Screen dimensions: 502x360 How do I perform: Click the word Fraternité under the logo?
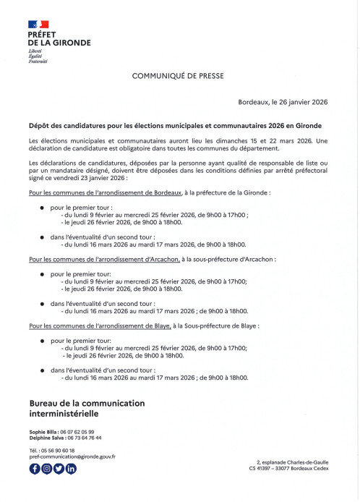coord(38,61)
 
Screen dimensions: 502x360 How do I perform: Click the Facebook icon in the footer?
coord(35,469)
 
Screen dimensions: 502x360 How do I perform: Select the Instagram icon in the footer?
coord(46,469)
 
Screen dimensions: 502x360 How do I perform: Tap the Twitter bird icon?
coord(59,469)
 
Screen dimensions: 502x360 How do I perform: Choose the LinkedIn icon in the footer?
coord(71,469)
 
